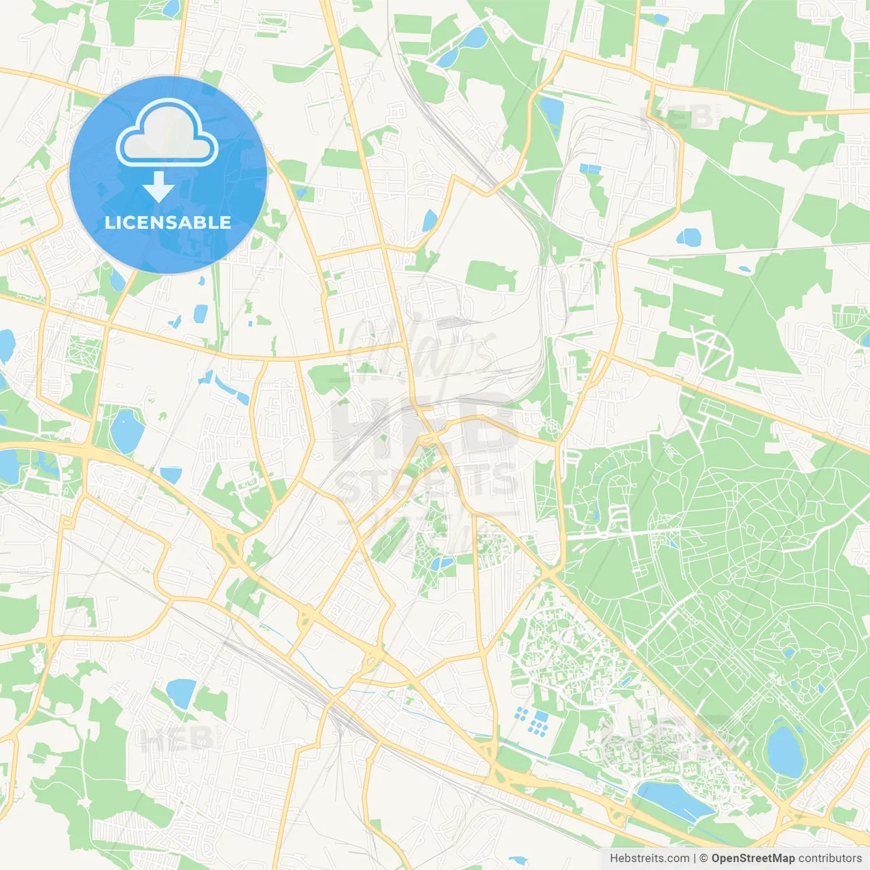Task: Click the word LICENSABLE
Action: [168, 222]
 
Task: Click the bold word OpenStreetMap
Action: [752, 858]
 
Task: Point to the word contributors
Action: [830, 858]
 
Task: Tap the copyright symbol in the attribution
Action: [703, 858]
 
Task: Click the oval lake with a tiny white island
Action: [126, 430]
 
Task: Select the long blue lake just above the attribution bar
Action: [673, 798]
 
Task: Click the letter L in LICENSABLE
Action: [109, 222]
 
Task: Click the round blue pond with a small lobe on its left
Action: [689, 237]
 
